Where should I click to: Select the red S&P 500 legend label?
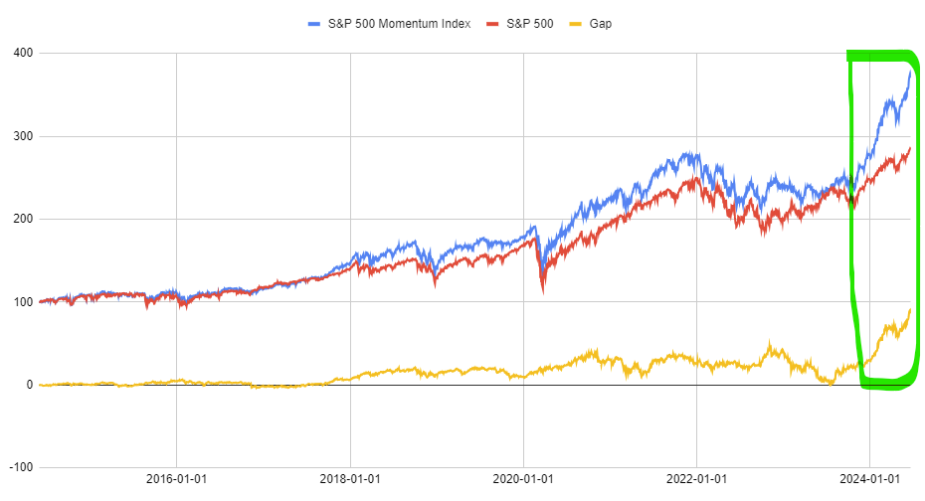pyautogui.click(x=529, y=23)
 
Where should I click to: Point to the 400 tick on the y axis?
pyautogui.click(x=20, y=53)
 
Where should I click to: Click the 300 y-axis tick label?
pyautogui.click(x=20, y=136)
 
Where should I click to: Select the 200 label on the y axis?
pyautogui.click(x=20, y=219)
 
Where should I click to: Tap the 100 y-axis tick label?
pyautogui.click(x=20, y=302)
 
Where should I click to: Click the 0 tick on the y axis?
pyautogui.click(x=27, y=385)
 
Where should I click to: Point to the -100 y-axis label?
pyautogui.click(x=17, y=467)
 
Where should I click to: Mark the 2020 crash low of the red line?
pyautogui.click(x=542, y=292)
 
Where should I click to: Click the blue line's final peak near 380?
pyautogui.click(x=910, y=71)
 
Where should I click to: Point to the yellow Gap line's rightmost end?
pyautogui.click(x=910, y=310)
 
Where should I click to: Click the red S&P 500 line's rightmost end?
pyautogui.click(x=910, y=148)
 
